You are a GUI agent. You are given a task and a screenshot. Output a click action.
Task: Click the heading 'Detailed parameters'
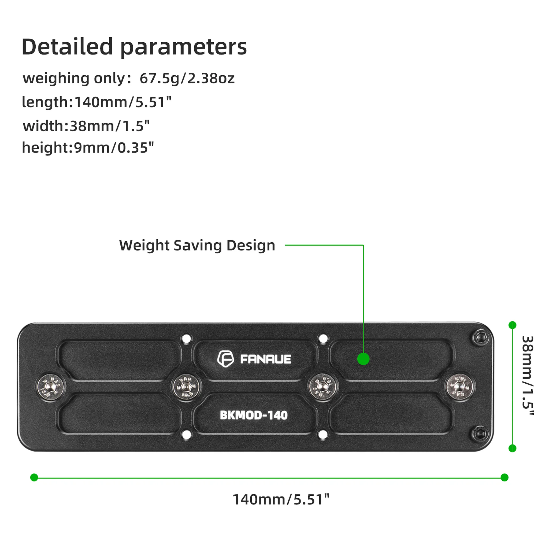point(134,47)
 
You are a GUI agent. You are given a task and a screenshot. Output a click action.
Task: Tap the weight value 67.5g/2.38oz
point(187,78)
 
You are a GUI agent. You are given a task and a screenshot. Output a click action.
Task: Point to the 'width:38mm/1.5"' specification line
point(86,126)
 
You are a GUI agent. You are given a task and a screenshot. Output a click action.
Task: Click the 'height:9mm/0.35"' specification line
point(88,148)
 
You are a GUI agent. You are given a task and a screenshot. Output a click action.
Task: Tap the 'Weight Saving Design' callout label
point(197,245)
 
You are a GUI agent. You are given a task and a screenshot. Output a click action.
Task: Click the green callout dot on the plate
point(363,359)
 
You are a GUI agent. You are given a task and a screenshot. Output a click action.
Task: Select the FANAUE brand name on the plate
point(266,359)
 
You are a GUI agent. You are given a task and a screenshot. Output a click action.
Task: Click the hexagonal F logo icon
point(225,359)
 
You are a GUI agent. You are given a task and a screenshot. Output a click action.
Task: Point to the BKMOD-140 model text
point(254,416)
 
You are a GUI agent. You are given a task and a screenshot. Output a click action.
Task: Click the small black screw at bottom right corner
point(481,434)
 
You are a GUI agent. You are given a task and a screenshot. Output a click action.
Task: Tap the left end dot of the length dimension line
point(34,477)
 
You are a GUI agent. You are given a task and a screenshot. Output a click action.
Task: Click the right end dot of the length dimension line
point(505,477)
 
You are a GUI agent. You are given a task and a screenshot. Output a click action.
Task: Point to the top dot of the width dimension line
point(512,325)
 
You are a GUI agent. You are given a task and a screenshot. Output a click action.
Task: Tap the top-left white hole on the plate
point(186,339)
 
